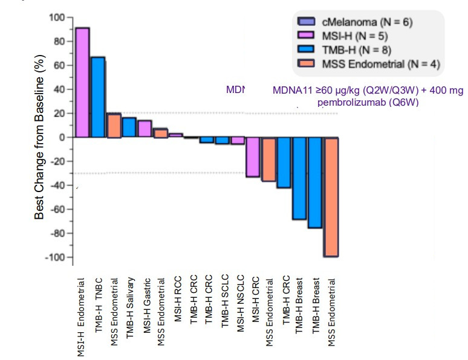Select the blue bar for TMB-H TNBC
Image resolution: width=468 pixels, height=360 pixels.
pos(97,97)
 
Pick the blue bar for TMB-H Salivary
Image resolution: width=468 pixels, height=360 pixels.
pos(129,127)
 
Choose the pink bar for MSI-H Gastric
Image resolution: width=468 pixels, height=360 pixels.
pos(145,129)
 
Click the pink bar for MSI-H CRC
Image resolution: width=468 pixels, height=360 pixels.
pos(254,157)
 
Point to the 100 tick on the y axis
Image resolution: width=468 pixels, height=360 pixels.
pos(56,18)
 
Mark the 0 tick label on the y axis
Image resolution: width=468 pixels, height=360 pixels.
pos(60,138)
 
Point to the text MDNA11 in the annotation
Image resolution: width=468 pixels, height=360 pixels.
pos(293,91)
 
